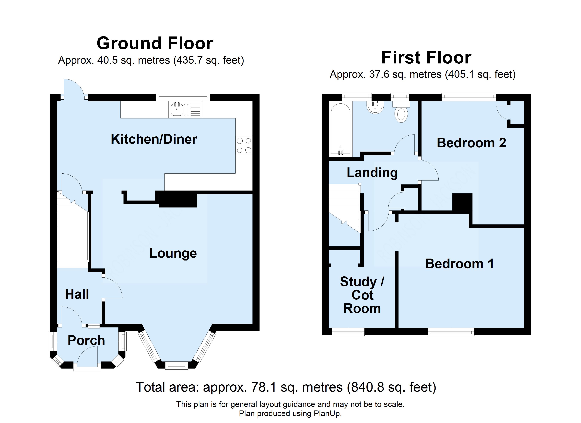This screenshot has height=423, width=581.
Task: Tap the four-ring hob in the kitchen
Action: (x=244, y=145)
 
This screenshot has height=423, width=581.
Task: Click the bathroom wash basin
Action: (x=375, y=107)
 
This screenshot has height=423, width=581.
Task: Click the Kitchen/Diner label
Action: (x=154, y=139)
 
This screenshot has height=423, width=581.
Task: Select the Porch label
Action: (x=86, y=340)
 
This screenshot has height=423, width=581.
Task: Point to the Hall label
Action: (x=77, y=294)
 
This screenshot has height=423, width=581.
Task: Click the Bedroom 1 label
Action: (x=460, y=264)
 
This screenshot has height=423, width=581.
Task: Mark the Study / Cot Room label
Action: (x=362, y=295)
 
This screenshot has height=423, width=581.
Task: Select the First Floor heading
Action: (x=426, y=57)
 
